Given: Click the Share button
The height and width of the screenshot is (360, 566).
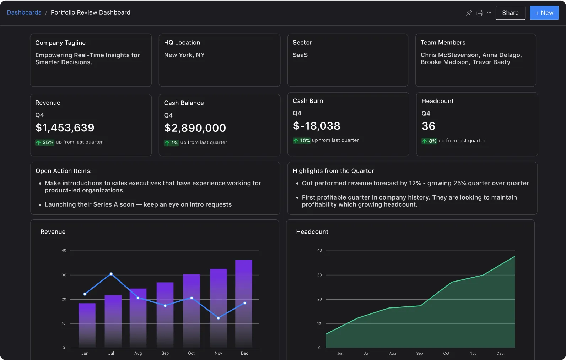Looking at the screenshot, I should pyautogui.click(x=510, y=13).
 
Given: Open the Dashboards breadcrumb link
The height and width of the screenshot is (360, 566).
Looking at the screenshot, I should pyautogui.click(x=24, y=12).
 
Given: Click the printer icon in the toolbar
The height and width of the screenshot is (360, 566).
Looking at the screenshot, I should pyautogui.click(x=480, y=13).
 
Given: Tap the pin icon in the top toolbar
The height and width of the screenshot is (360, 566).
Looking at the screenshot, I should pyautogui.click(x=469, y=13).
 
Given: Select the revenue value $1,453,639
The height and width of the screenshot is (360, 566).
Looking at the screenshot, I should pyautogui.click(x=65, y=128).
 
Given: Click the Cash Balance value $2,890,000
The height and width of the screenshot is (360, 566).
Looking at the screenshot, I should pyautogui.click(x=195, y=128).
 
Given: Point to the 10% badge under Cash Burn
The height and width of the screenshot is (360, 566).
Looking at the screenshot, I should pyautogui.click(x=302, y=141).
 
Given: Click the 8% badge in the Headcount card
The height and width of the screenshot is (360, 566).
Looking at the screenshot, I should pyautogui.click(x=429, y=141).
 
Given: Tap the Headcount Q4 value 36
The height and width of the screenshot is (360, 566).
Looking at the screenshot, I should pyautogui.click(x=428, y=126).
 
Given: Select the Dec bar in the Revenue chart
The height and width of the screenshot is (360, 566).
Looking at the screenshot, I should pyautogui.click(x=244, y=304).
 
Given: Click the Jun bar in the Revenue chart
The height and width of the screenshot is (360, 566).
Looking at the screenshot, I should pyautogui.click(x=87, y=325).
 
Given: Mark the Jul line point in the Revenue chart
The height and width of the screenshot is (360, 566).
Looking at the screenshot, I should pyautogui.click(x=111, y=274).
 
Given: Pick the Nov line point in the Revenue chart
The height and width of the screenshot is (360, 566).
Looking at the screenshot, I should pyautogui.click(x=218, y=318).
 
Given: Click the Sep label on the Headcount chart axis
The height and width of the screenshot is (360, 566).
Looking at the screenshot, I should pyautogui.click(x=419, y=353).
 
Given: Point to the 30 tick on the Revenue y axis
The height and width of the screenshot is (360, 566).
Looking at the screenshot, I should pyautogui.click(x=64, y=275).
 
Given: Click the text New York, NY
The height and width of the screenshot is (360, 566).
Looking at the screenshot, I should pyautogui.click(x=184, y=55).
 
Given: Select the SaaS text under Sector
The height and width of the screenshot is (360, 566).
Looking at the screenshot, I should pyautogui.click(x=300, y=55).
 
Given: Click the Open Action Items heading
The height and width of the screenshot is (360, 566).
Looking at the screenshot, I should pyautogui.click(x=64, y=171).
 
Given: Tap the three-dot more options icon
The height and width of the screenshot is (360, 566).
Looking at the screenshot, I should pyautogui.click(x=489, y=13).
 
